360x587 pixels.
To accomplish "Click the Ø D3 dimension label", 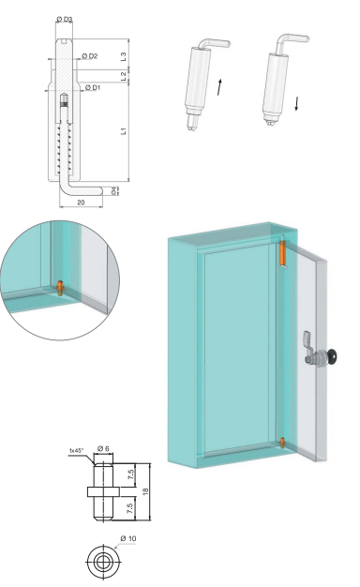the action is coord(65,19).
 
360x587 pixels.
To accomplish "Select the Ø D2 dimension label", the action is coord(90,56).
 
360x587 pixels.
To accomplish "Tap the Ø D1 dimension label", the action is coord(93,87).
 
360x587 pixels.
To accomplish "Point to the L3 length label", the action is coord(124,56).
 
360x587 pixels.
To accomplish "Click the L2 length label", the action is coord(124,76).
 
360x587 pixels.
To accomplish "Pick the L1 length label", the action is coord(124,131).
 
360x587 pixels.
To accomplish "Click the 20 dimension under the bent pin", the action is coord(81,203).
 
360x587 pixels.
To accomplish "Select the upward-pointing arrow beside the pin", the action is coord(219,87).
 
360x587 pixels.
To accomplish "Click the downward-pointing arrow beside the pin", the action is coord(296,104).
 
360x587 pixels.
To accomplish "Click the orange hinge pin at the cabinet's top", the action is coord(283,253).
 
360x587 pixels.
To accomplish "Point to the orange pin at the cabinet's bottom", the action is coord(282,443).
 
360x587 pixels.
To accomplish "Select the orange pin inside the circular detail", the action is coord(60,288).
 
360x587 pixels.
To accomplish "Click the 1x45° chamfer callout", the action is coord(76,450).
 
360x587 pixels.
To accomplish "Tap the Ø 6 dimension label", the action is coord(103,448).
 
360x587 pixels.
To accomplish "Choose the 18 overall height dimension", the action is coord(146,491).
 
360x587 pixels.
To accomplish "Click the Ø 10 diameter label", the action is coord(128,538).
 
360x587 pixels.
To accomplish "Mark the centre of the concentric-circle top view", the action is coord(103,562).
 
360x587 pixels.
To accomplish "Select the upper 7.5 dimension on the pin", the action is coord(130,474).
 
